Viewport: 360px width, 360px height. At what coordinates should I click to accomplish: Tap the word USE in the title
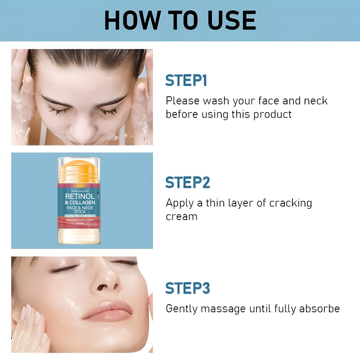(x=229, y=20)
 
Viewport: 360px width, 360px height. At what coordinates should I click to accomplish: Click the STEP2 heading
(x=188, y=182)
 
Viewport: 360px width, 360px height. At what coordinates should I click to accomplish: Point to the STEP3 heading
(x=188, y=288)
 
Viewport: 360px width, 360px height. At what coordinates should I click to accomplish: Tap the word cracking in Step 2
(x=290, y=202)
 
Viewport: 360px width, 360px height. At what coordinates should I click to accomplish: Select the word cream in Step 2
(x=181, y=216)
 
